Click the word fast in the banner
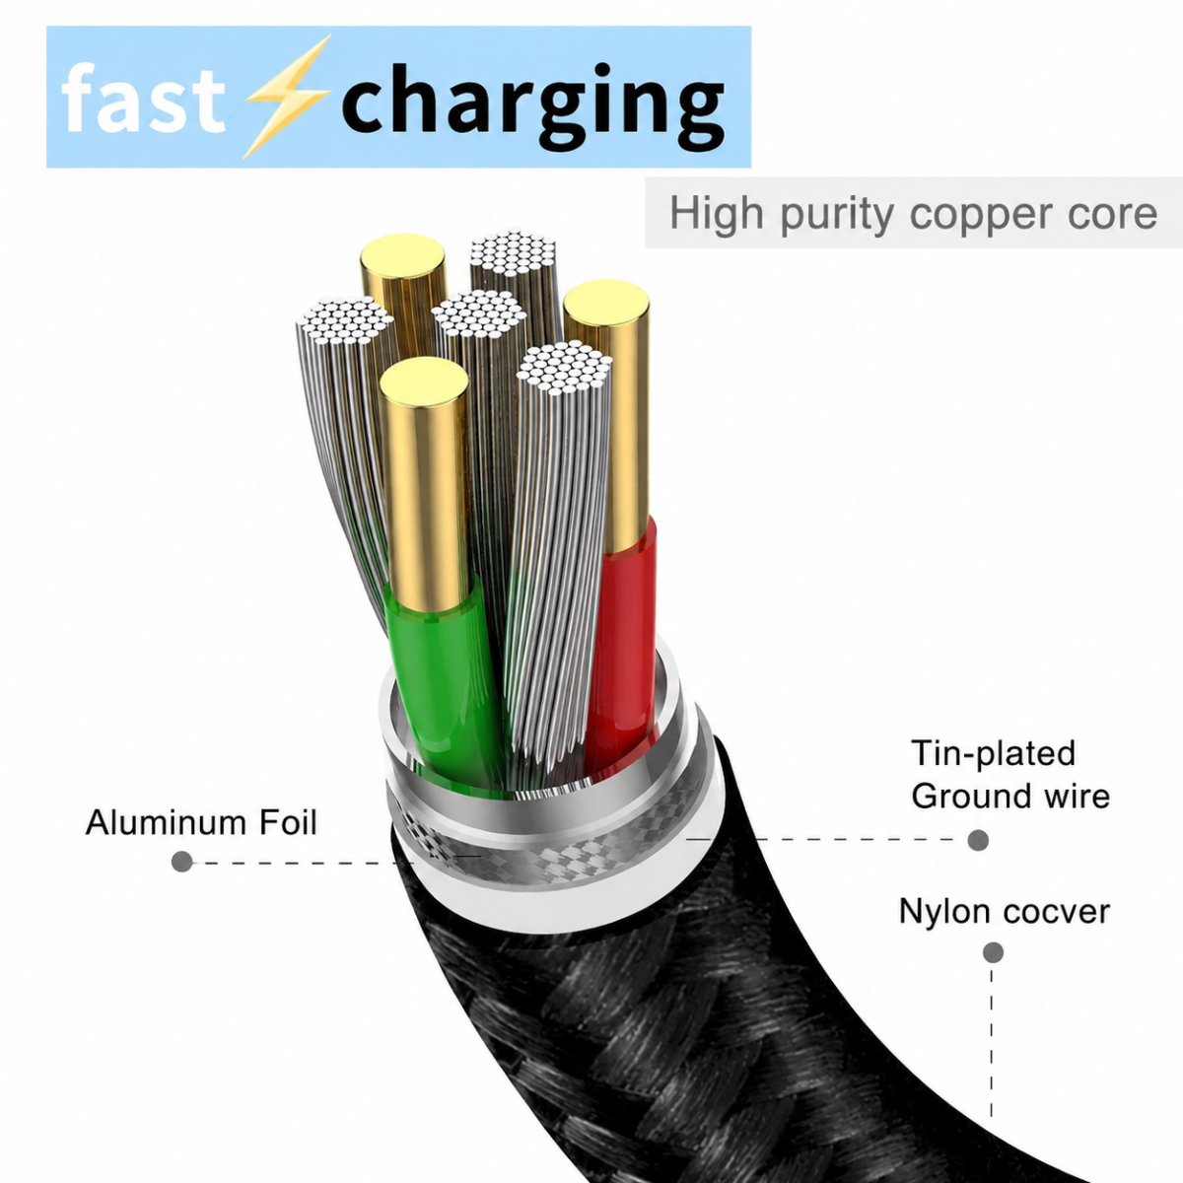[143, 99]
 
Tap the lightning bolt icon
[287, 97]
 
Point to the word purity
[837, 214]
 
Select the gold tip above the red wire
[608, 417]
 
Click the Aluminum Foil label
[201, 822]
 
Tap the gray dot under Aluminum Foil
[181, 862]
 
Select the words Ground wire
[1010, 797]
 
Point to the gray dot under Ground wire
[978, 840]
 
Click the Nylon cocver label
[1005, 911]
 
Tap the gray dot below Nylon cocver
[993, 952]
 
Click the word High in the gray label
[717, 212]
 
